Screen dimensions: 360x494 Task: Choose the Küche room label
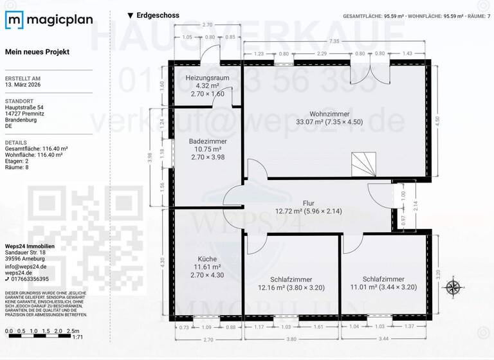pos(207,259)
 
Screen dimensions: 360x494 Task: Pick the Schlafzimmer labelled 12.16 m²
pos(291,280)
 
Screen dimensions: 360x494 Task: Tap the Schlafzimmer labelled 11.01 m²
pos(384,279)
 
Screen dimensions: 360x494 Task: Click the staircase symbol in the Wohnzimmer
pos(364,164)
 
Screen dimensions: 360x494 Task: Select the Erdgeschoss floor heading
pos(158,15)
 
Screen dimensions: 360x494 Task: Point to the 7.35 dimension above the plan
pos(334,41)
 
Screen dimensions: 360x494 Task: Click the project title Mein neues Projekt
pos(37,51)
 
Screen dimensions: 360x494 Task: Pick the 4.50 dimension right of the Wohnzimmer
pos(438,119)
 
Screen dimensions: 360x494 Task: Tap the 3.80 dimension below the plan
pos(291,339)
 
